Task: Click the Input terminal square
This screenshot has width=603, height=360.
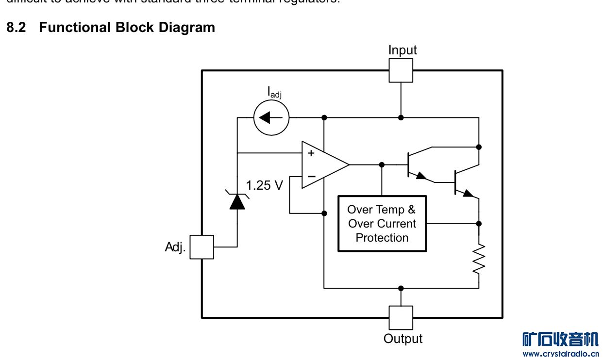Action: coord(401,71)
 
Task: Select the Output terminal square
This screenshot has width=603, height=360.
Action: coord(401,318)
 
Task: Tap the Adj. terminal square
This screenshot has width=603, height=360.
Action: coord(201,247)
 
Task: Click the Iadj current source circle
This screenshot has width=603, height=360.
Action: coord(271,117)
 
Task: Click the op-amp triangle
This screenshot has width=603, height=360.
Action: coord(322,165)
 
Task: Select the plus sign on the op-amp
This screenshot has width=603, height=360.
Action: coord(311,154)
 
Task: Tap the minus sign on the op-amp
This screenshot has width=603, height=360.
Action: coord(311,177)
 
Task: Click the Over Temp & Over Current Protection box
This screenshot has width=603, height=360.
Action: coord(382,224)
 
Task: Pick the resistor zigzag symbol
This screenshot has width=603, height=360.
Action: coord(479,258)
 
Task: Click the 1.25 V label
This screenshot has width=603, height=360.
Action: coord(264,185)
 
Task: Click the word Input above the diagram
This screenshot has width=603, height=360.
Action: coord(402,50)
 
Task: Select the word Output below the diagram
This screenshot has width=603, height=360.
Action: coord(403,339)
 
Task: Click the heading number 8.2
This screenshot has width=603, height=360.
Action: coord(16,28)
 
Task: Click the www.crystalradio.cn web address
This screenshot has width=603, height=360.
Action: coord(561,353)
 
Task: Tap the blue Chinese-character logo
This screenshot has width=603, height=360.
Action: coord(561,339)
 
